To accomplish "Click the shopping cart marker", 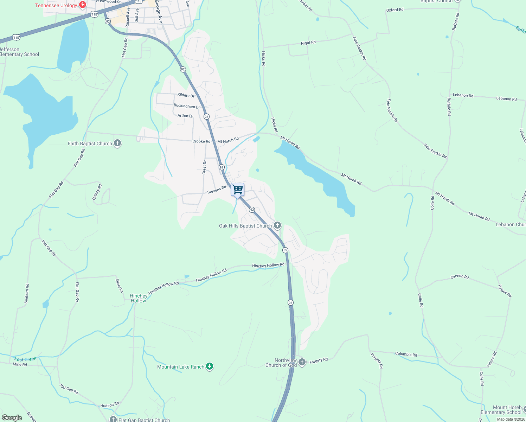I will [238, 190].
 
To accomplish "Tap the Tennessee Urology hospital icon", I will [83, 5].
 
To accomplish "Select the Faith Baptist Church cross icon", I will [117, 143].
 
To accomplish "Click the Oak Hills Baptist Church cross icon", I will [277, 225].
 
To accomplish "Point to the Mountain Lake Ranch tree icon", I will [210, 367].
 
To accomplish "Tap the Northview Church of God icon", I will [302, 362].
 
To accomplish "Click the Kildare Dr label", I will [186, 95].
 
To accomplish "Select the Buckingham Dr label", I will [187, 106].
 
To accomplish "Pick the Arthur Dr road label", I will [185, 116].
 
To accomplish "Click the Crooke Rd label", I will [201, 141].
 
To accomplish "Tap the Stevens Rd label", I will [217, 190].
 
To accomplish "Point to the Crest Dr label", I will [204, 167].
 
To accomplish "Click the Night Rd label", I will [308, 43].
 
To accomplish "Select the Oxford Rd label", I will [394, 10].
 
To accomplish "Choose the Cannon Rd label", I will [460, 277].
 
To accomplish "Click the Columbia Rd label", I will [406, 354].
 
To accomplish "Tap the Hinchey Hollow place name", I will [139, 298].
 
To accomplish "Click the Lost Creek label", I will [25, 359].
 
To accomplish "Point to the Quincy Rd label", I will [97, 192].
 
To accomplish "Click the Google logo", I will [12, 418].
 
